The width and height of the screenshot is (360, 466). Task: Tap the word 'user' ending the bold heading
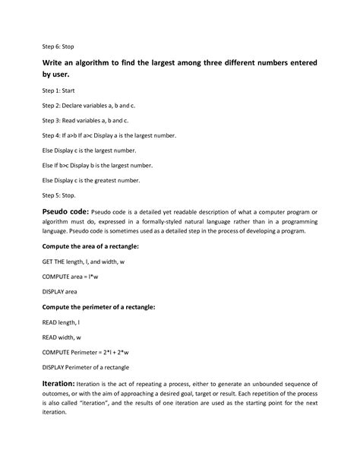point(62,76)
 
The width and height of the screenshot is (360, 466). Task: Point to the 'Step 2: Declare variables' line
point(84,109)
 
